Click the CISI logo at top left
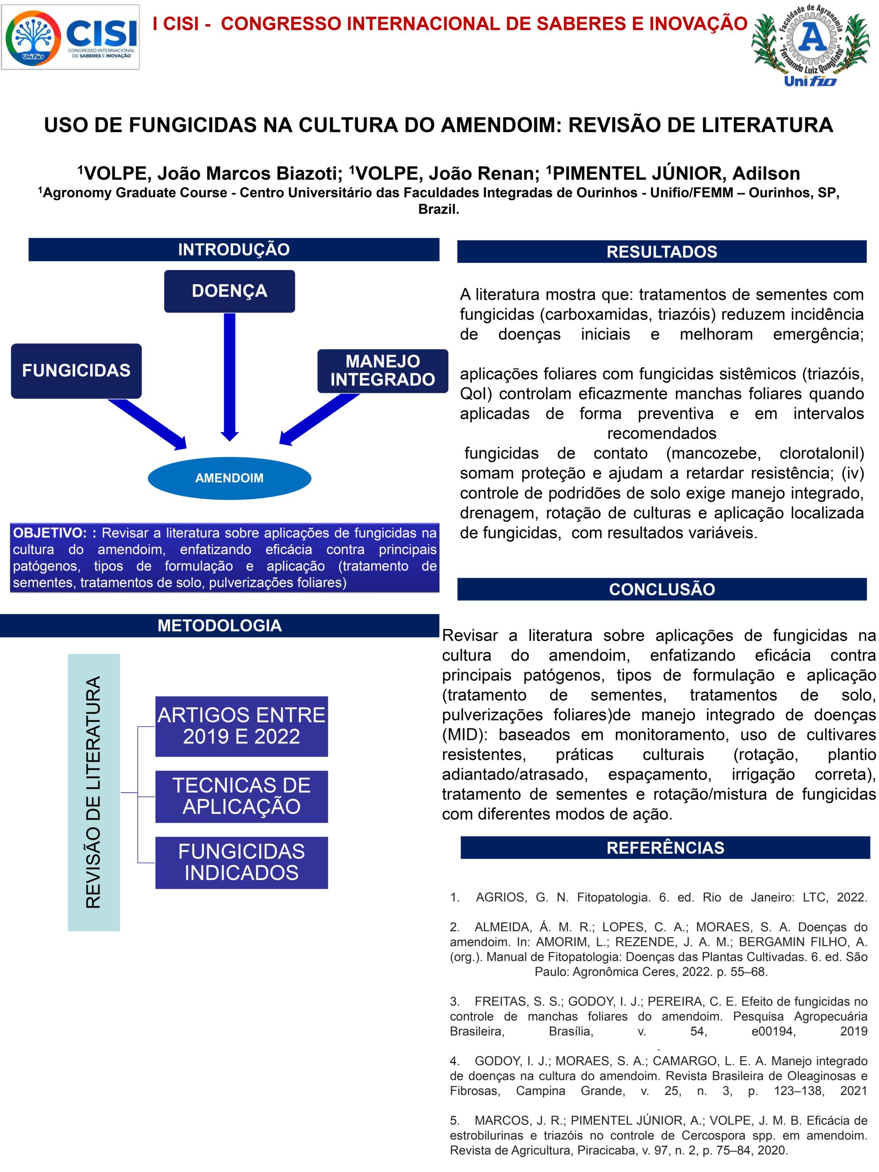[x=71, y=37]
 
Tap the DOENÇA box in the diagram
[x=229, y=291]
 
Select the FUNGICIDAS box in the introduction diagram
[x=76, y=370]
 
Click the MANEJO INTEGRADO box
[x=383, y=370]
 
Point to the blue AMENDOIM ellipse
[x=229, y=478]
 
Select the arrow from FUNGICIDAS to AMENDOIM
[x=147, y=424]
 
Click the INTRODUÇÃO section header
[x=233, y=250]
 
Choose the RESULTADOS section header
[x=662, y=252]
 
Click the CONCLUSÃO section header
[x=662, y=589]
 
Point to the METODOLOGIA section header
[x=219, y=626]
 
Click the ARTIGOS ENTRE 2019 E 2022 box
[x=242, y=726]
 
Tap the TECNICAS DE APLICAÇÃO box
[x=242, y=796]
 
